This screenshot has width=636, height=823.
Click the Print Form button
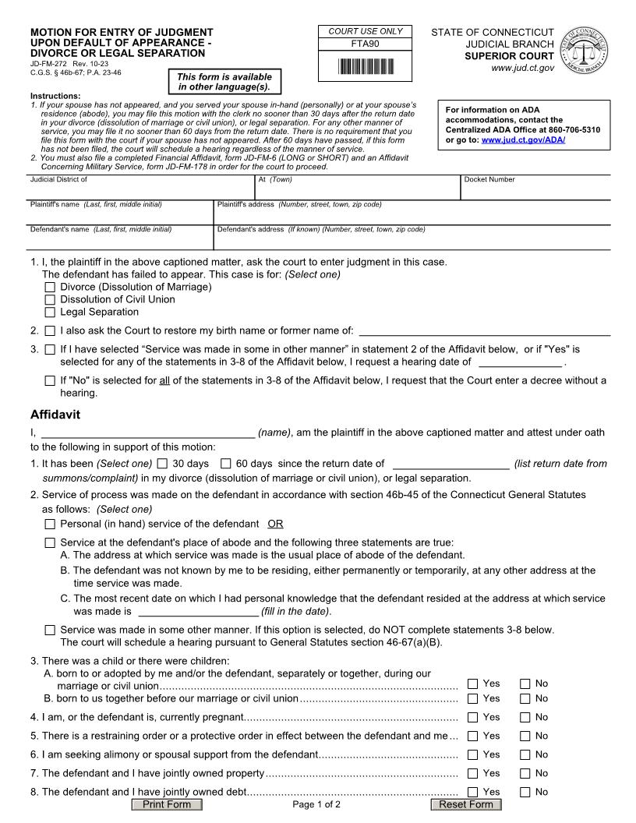tap(167, 804)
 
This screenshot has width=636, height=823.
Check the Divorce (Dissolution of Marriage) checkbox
tap(51, 288)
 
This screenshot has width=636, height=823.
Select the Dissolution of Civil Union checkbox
tap(51, 300)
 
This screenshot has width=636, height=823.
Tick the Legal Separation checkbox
tap(51, 313)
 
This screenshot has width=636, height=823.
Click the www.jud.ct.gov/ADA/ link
tap(523, 140)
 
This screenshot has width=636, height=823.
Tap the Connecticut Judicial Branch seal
tap(585, 49)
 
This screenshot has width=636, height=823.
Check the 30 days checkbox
tap(162, 464)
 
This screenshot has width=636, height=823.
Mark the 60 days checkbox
tap(226, 464)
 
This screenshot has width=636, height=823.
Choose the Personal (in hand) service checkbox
tap(51, 525)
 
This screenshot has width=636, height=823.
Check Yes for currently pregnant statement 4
tap(473, 718)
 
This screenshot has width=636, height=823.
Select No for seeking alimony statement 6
tap(525, 755)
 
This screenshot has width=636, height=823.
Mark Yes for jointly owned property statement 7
tap(473, 774)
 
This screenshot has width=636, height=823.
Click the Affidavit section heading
tap(55, 415)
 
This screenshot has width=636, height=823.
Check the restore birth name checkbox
tap(51, 331)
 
